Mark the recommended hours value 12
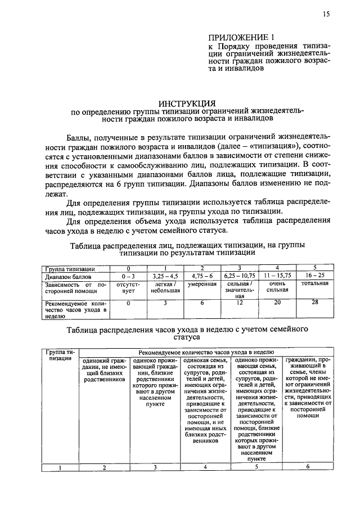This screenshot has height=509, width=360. (x=240, y=303)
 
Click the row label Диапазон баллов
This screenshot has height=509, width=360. (x=66, y=277)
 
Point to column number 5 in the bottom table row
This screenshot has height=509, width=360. (x=256, y=466)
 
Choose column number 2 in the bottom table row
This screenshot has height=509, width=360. (x=103, y=466)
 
